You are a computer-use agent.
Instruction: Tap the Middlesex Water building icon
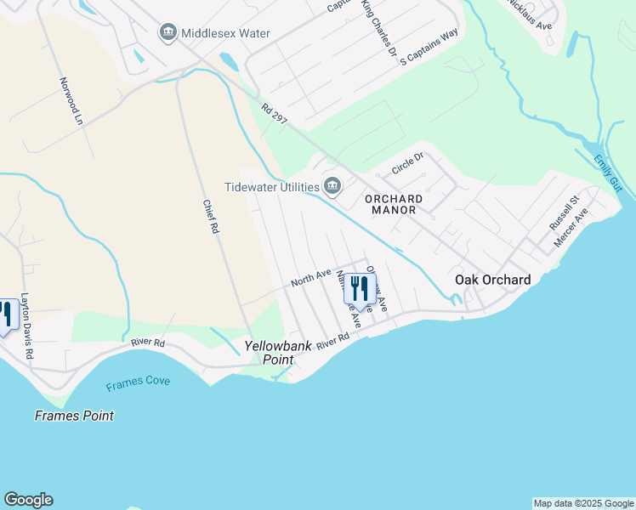168,33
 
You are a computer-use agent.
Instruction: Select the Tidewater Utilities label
271,186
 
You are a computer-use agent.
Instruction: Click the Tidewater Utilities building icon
332,186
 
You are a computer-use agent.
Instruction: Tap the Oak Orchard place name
493,280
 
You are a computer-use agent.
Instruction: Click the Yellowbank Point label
269,353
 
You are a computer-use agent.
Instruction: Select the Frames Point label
74,416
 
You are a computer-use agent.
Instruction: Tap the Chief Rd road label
211,217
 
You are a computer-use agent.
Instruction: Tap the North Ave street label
310,277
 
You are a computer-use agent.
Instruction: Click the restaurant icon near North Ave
360,289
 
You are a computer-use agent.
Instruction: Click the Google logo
28,500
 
